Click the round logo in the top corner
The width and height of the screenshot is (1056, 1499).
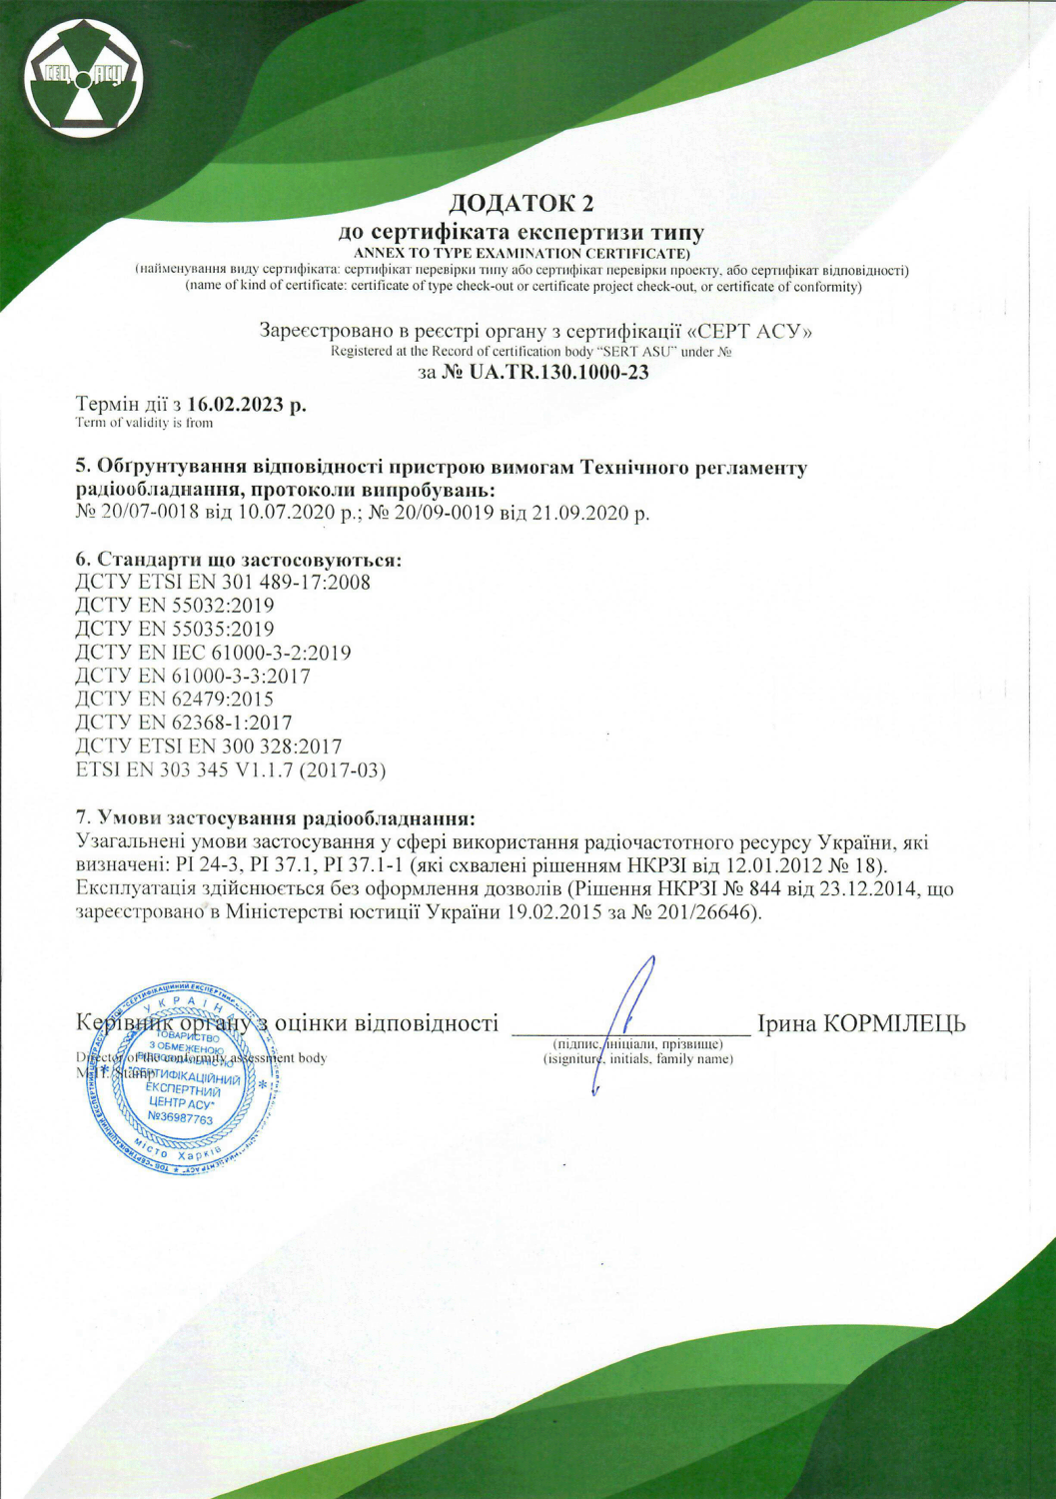(85, 77)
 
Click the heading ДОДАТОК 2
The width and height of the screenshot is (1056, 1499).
(521, 204)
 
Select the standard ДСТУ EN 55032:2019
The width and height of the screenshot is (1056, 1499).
(175, 605)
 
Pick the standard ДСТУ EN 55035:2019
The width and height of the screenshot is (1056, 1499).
(175, 629)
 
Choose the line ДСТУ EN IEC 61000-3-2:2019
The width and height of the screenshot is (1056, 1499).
(213, 653)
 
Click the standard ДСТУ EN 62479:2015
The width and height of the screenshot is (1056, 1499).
(175, 699)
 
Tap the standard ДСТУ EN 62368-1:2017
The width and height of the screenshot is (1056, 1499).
(184, 722)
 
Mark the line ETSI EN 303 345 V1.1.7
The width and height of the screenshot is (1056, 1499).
(231, 769)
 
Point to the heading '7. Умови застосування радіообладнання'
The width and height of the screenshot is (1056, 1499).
(275, 818)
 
